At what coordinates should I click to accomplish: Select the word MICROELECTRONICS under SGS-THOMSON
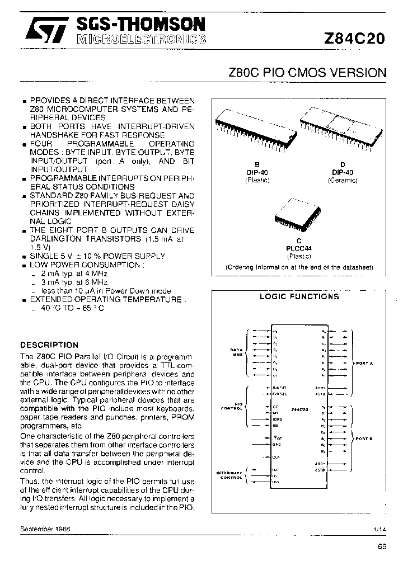(140, 39)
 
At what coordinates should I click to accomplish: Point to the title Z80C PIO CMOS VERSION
(307, 73)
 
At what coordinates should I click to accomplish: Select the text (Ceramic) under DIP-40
(342, 181)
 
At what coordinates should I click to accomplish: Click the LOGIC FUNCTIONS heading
(299, 296)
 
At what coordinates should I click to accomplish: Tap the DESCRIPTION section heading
(49, 345)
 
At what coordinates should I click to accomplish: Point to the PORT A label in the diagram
(364, 363)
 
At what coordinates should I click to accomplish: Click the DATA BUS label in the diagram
(236, 352)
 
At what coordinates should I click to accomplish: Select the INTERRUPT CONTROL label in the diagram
(231, 475)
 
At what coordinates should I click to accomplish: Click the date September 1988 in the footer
(45, 528)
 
